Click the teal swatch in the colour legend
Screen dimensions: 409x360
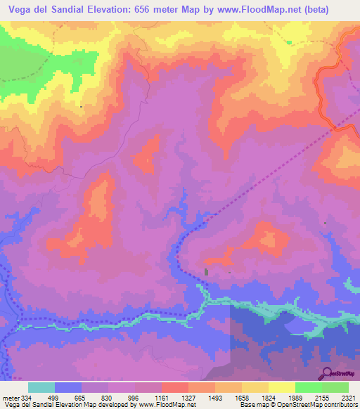[41, 388]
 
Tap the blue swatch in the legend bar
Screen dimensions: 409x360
[68, 388]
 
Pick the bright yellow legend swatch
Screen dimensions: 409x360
[282, 388]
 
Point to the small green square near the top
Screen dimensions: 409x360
[289, 41]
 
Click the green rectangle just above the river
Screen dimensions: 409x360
[206, 272]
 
